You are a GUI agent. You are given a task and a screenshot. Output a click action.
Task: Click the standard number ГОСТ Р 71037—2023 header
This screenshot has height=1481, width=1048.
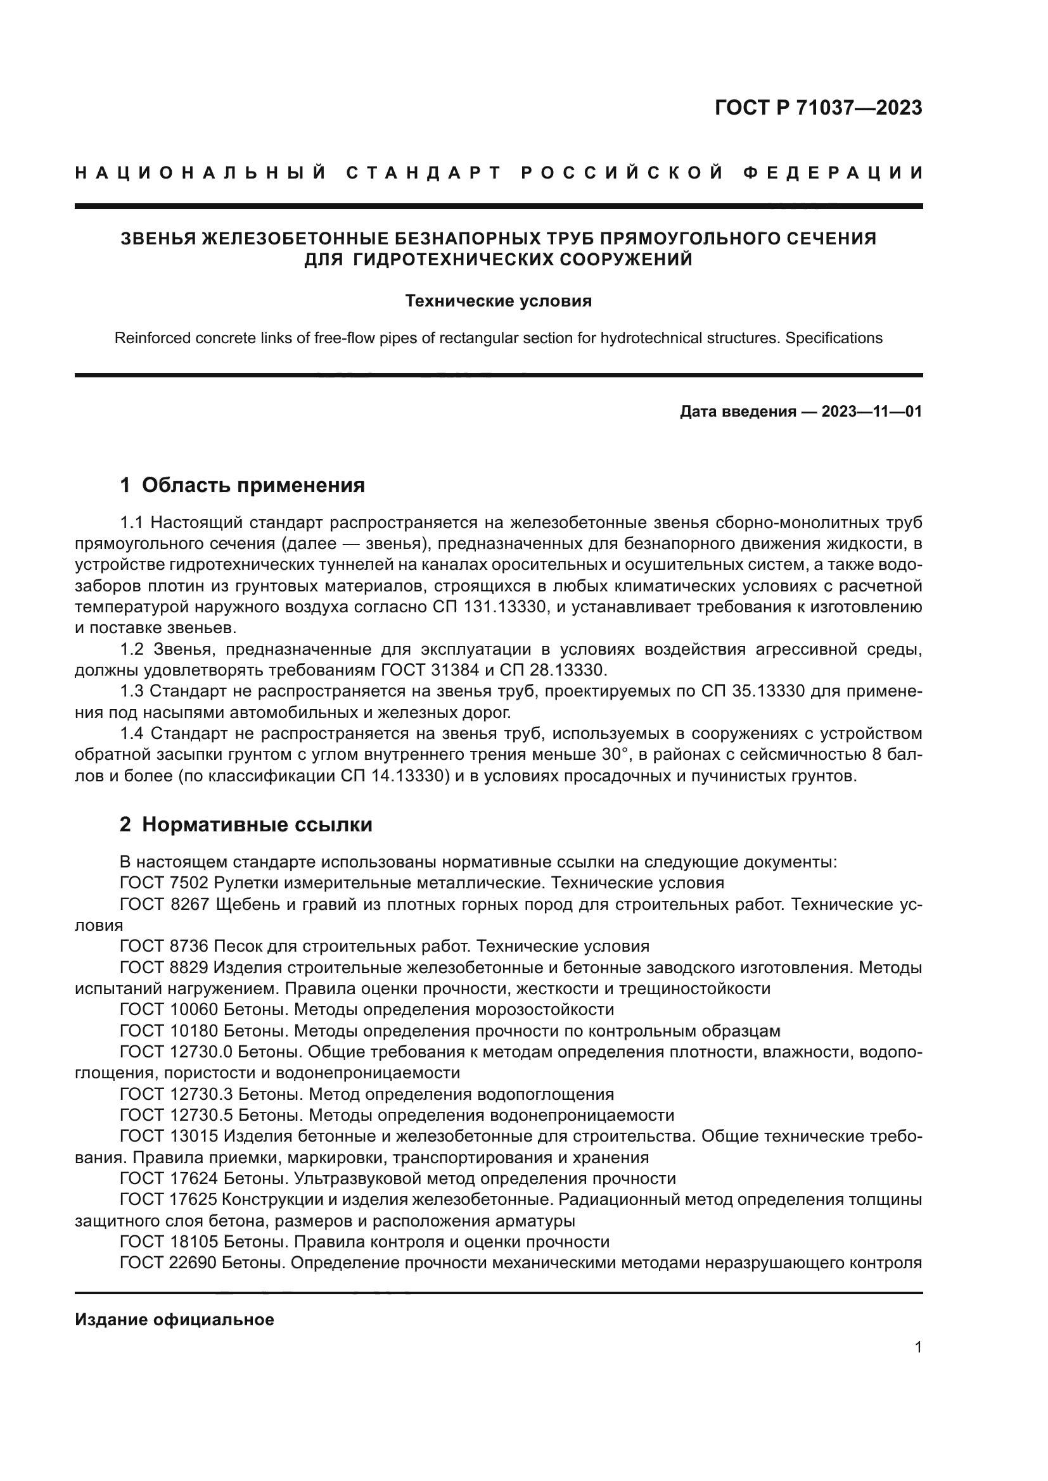[818, 108]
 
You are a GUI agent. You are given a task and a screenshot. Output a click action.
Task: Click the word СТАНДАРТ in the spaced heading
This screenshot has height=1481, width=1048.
[423, 173]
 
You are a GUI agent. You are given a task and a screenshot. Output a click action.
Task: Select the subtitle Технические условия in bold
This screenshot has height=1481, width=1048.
[498, 301]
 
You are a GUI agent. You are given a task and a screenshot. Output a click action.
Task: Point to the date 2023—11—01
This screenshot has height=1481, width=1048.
[871, 412]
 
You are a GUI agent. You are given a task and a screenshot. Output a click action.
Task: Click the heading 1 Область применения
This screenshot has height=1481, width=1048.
[242, 485]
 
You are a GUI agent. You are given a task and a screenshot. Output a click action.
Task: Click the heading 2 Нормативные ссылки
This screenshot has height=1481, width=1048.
[246, 824]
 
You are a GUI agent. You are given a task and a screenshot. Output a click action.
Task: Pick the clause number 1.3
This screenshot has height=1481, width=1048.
[132, 691]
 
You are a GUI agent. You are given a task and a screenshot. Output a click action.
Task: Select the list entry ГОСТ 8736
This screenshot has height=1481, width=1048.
[164, 946]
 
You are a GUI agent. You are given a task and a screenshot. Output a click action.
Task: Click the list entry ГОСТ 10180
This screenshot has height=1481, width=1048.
[169, 1031]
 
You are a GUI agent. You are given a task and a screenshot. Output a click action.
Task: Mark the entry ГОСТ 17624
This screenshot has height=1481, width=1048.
[169, 1178]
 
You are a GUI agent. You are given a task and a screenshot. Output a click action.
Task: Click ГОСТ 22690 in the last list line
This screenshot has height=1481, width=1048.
[169, 1263]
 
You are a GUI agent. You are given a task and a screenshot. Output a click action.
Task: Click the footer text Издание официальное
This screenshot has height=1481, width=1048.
[174, 1320]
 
